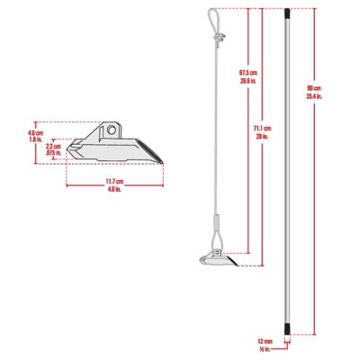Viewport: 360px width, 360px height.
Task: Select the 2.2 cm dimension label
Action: coord(53,145)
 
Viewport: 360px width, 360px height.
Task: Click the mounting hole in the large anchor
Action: coord(111,130)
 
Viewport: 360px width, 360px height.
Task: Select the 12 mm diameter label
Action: coord(265,341)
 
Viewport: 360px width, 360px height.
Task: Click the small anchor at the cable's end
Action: coord(216,261)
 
